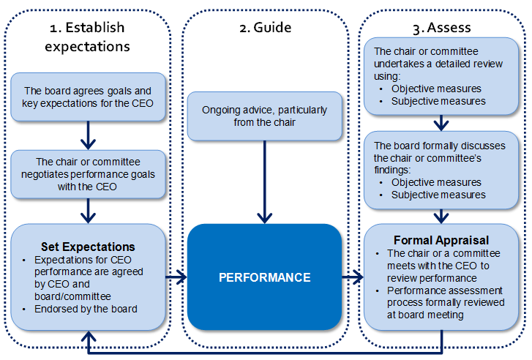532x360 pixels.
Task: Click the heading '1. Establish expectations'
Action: (87, 37)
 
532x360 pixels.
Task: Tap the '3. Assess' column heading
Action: (441, 28)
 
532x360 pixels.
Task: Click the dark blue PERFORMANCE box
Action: (265, 277)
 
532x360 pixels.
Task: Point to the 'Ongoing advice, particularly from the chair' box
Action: (264, 116)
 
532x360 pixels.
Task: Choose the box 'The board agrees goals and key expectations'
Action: (87, 98)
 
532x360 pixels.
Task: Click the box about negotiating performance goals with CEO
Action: (87, 174)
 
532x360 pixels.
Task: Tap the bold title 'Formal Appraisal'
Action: (441, 240)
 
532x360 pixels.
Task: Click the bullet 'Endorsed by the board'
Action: (80, 308)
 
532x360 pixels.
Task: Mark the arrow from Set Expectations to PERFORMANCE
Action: (176, 277)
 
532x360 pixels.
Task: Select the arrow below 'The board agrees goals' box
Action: (88, 135)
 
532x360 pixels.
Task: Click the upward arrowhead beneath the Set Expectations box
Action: (89, 336)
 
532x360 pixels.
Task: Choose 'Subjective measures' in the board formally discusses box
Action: (438, 195)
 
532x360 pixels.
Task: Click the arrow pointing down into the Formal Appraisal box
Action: (441, 216)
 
